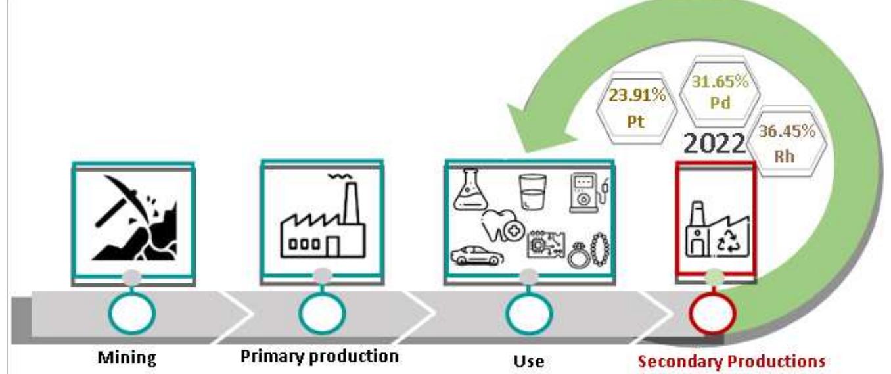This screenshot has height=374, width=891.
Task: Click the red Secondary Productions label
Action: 732,360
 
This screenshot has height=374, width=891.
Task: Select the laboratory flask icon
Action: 470,190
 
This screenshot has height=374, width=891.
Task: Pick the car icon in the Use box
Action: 478,255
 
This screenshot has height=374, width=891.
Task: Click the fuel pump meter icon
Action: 586,194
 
